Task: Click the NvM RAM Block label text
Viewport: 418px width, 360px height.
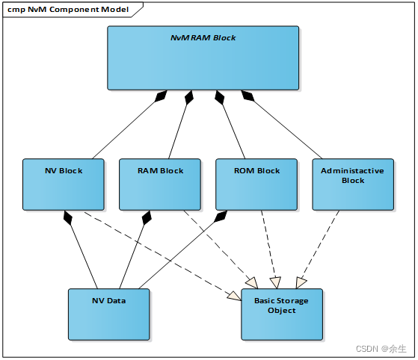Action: click(203, 37)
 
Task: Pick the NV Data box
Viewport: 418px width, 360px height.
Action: click(108, 314)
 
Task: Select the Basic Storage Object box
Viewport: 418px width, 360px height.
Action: click(281, 314)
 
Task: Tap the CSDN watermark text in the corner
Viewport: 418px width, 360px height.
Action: click(381, 349)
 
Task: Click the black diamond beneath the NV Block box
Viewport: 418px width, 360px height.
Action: click(69, 217)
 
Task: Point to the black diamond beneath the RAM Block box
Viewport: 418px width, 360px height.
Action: click(146, 217)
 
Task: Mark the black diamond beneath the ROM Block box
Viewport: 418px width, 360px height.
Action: click(221, 217)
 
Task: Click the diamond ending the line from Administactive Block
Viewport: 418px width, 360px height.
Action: click(248, 98)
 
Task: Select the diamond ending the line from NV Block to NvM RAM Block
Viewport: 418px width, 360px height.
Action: click(159, 98)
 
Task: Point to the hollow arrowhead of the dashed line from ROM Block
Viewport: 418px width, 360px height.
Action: click(274, 282)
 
